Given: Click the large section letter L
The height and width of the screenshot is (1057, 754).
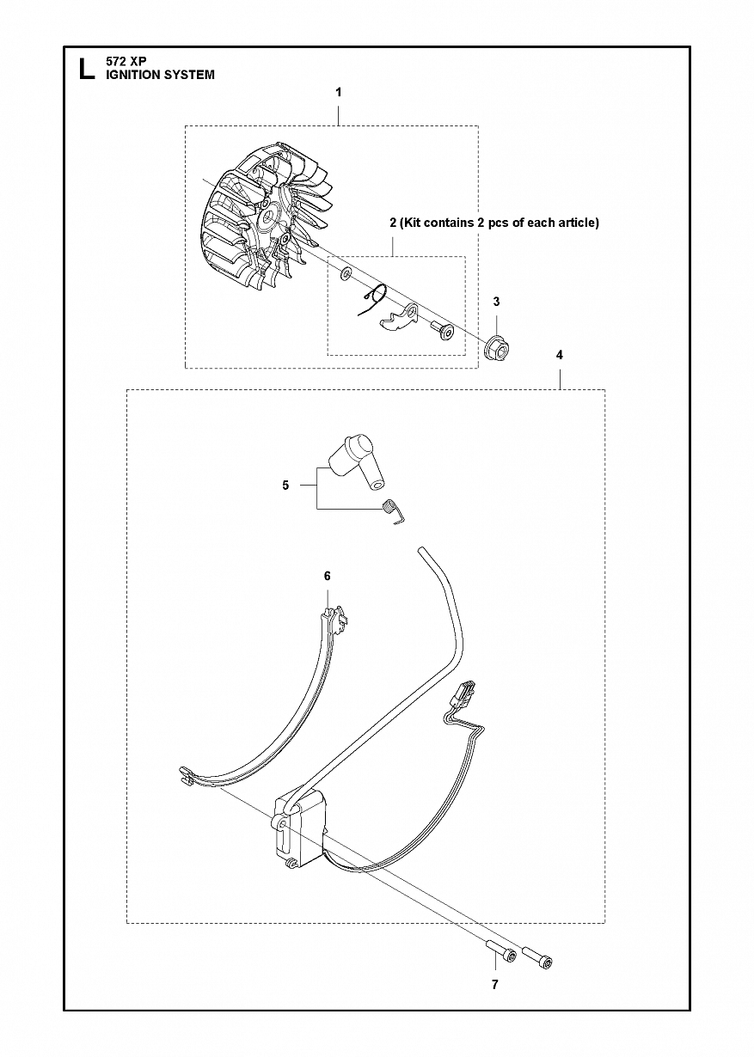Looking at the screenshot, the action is pos(87,69).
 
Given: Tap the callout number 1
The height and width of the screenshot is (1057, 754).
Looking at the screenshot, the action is pos(338,93).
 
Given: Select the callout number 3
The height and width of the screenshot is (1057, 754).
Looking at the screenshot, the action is pos(496,302).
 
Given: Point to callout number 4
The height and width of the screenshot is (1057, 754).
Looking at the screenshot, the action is pos(560,355).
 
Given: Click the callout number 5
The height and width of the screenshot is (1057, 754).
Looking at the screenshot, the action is pos(285,485).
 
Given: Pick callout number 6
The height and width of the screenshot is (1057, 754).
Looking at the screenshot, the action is pos(328,576).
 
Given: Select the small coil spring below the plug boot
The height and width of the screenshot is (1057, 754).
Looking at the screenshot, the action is pos(392,511).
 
